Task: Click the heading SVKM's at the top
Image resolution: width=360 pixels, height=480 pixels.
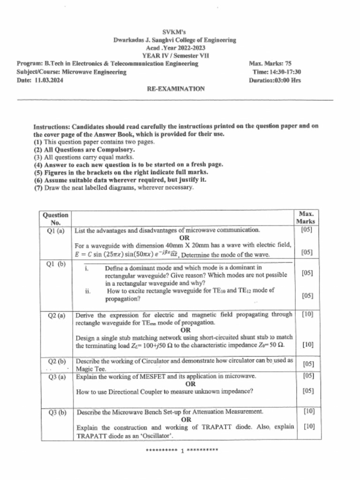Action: [x=174, y=32]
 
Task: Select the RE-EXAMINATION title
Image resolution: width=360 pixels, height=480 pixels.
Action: [x=176, y=89]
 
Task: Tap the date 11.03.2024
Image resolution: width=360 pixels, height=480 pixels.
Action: [x=49, y=80]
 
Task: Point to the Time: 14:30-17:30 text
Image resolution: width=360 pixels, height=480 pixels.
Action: [x=277, y=72]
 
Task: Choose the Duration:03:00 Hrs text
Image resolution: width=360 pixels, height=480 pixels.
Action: [x=275, y=80]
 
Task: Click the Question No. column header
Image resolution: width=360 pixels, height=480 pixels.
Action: [x=55, y=218]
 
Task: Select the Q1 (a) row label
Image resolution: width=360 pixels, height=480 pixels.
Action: [x=56, y=231]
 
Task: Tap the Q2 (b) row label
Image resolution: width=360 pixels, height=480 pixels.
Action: [x=57, y=361]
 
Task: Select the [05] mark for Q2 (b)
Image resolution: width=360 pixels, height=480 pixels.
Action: [x=308, y=363]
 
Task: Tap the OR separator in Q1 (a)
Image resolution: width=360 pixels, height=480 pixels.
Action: [x=184, y=238]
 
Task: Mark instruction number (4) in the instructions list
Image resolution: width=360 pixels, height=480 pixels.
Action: [x=38, y=165]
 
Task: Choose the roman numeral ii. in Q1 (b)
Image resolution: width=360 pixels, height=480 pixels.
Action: [x=88, y=291]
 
